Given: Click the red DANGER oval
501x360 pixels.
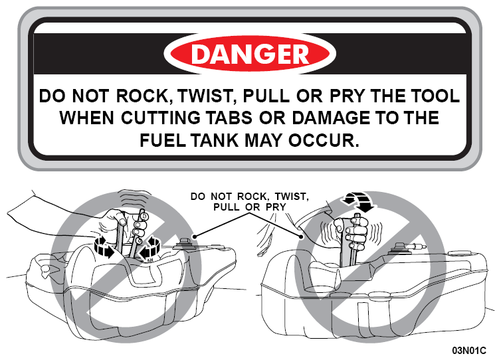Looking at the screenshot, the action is click(250, 53).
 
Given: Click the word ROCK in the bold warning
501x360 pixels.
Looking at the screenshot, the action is click(142, 96).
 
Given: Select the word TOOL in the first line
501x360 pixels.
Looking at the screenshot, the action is click(435, 96).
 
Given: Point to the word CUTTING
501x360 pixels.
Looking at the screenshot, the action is click(161, 118).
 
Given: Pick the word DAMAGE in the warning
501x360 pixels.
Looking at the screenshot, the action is click(331, 118).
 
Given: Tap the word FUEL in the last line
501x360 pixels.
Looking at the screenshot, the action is click(163, 140).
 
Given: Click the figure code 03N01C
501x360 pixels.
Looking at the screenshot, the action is click(469, 351).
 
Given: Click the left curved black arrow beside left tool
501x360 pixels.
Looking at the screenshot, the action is click(104, 246).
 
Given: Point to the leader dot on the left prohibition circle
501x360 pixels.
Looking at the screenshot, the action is click(194, 236).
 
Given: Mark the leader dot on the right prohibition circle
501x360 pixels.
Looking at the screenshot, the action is click(300, 236).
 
